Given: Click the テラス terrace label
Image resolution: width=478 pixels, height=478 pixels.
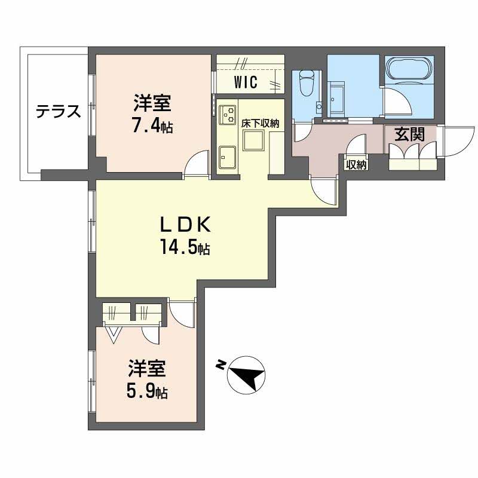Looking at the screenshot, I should click(x=57, y=112).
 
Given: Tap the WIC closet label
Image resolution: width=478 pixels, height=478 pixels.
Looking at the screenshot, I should click(x=246, y=82).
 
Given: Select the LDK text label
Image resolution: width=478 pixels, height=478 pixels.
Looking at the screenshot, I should click(x=184, y=225).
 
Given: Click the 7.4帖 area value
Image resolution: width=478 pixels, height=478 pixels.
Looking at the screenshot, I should click(x=153, y=127).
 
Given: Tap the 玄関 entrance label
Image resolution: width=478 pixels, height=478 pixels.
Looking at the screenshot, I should click(x=409, y=134).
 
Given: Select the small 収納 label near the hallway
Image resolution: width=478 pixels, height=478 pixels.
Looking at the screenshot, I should click(x=356, y=165).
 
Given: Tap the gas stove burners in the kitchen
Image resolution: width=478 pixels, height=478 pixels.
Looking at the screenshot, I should click(x=228, y=114).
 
